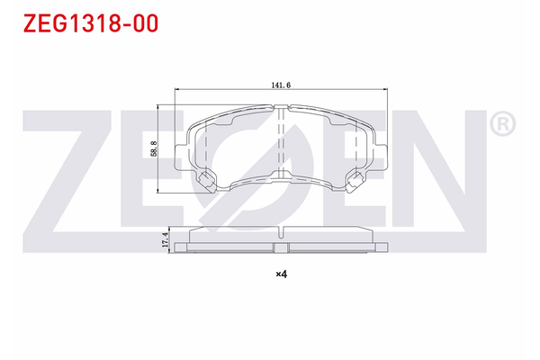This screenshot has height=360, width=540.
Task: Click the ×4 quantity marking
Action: [280, 274]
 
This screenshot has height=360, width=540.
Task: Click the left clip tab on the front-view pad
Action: [204, 183]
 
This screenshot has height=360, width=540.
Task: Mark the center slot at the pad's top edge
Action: [281, 110]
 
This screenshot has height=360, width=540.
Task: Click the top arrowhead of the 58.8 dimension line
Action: [161, 105]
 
